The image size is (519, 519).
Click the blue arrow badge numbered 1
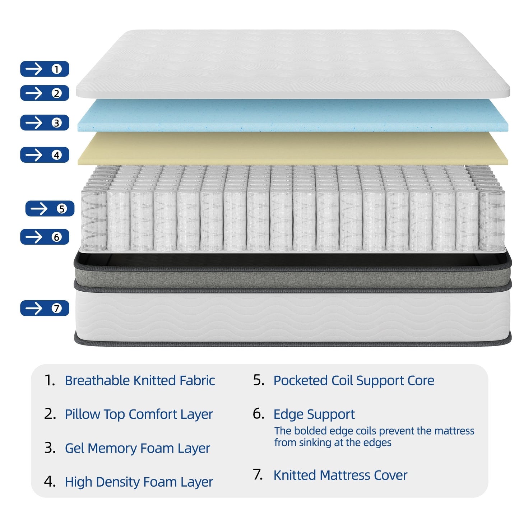45,69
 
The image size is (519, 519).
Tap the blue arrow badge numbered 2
45,93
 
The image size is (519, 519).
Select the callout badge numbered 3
45,123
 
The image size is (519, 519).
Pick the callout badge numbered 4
45,155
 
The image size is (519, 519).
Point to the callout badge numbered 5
50,209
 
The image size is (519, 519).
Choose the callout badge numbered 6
45,237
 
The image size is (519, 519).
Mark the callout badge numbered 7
45,308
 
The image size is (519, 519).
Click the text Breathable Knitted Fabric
140,380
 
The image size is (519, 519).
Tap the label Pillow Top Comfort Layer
139,414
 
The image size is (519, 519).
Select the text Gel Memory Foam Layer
137,448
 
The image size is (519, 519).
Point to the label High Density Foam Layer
139,482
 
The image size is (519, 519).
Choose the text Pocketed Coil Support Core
354,380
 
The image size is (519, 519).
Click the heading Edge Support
314,414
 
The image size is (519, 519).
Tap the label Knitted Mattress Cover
340,475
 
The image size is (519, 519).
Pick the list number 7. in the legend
258,475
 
